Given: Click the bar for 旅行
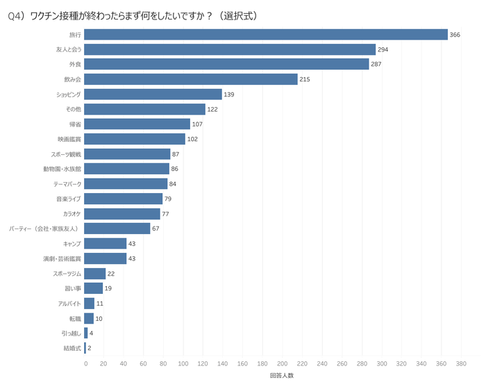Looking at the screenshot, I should tap(266, 35).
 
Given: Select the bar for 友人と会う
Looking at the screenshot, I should tap(230, 49).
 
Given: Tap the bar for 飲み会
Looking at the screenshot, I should tap(191, 79).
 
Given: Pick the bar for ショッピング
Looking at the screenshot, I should tap(153, 94).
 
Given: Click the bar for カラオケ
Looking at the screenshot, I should tap(123, 213).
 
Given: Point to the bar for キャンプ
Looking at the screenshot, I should tap(106, 243).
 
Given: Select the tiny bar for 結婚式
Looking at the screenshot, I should tap(86, 347).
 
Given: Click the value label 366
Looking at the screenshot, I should tap(455, 35).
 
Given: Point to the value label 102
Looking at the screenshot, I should tap(193, 139).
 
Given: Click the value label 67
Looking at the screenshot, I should tap(157, 229).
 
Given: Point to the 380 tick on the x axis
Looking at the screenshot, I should tap(460, 363).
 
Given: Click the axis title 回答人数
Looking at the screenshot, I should tap(282, 376).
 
